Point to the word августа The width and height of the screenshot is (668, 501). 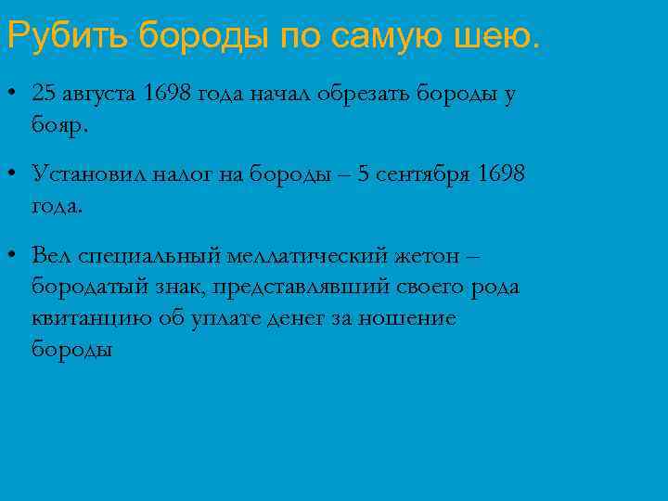point(102,94)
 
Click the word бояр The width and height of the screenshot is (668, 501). point(59,125)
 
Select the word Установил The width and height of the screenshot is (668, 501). point(85,173)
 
